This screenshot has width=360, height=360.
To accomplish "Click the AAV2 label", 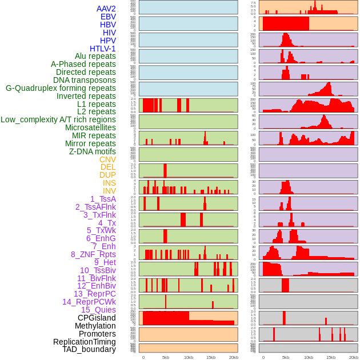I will pos(106,9).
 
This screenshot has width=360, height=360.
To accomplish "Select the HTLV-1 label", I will pos(103,49).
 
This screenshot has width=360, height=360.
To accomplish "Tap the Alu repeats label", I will pos(95,57).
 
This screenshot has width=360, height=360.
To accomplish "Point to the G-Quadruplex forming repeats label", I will pos(61,88).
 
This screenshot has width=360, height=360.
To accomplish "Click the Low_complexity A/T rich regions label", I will pos(58,119).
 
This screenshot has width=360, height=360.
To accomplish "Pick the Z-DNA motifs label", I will pos(93,151).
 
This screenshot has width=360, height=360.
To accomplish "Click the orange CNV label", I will pos(107,159).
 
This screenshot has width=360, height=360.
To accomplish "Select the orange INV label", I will pos(109,191).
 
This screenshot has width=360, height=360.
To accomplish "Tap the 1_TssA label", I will pos(103,199).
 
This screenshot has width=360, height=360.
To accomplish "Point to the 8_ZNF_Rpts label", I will pos(93,254).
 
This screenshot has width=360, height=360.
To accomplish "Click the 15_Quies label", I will pos(98,310).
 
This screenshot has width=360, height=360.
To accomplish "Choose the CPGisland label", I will pos(97,318).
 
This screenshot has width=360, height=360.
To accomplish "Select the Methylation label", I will pos(95,326).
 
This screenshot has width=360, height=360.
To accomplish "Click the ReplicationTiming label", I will pos(85,342).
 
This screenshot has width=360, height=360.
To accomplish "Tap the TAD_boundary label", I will pos(89,349).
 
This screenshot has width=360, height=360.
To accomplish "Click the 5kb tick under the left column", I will pos(166,357).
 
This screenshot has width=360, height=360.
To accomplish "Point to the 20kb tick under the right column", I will pos(354,357).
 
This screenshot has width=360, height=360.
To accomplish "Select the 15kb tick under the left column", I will pos(210,357).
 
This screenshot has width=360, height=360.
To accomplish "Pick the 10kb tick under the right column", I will pos(309,357).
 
